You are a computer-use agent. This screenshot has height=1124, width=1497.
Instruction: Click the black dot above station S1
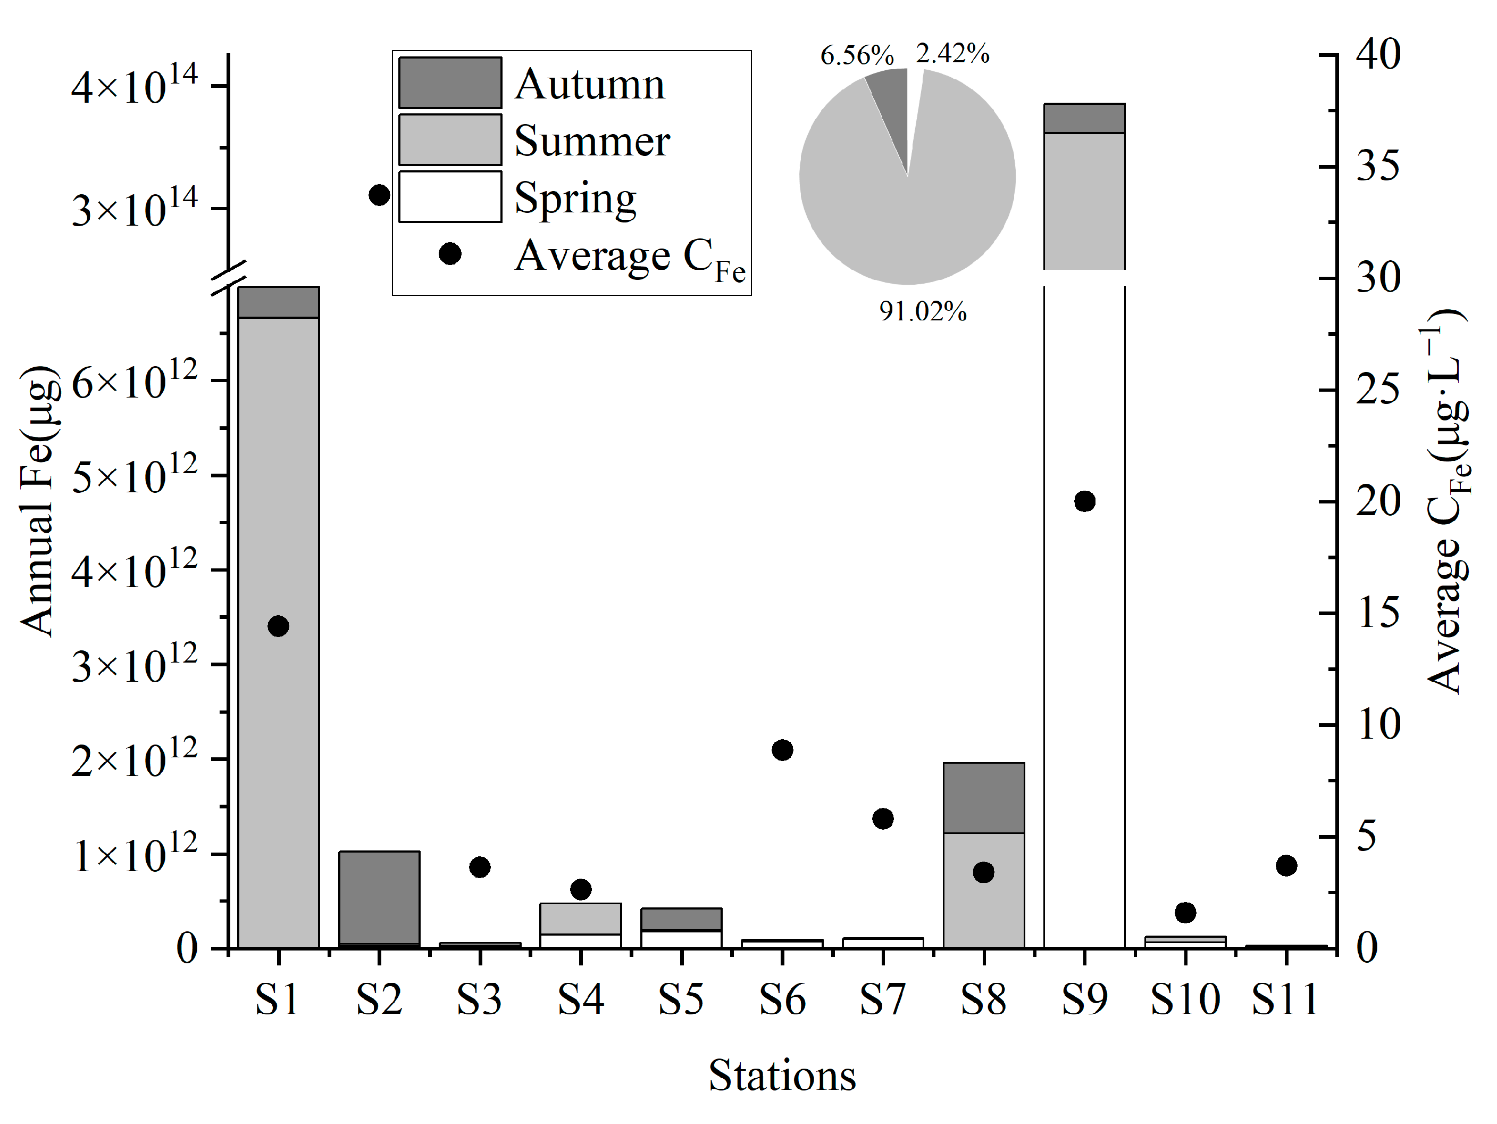coord(278,626)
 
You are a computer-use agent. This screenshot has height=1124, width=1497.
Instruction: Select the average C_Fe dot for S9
coord(1084,501)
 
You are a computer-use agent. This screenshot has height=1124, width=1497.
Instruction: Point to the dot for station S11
coord(1286,865)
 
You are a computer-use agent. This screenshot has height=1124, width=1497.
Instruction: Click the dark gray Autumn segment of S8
coord(983,798)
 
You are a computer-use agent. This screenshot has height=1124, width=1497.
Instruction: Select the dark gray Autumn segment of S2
coord(379,897)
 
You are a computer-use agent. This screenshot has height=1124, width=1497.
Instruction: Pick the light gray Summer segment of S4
coord(580,918)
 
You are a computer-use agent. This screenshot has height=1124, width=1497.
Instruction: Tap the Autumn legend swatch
coord(450,82)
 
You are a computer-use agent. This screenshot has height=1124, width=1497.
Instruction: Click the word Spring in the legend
coord(575,198)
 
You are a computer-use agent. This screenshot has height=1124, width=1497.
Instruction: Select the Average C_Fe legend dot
coord(450,254)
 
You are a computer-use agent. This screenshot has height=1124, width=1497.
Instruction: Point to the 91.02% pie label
coord(923,311)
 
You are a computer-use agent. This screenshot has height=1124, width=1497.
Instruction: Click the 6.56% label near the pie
coord(857,55)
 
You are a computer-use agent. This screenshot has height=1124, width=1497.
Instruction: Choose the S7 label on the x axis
coord(882,999)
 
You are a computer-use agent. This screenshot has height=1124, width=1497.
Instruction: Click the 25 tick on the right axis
coord(1378,390)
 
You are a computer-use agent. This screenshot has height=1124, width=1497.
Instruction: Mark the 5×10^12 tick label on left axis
coord(134,476)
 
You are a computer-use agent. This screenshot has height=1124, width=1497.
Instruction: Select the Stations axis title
coord(782,1075)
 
